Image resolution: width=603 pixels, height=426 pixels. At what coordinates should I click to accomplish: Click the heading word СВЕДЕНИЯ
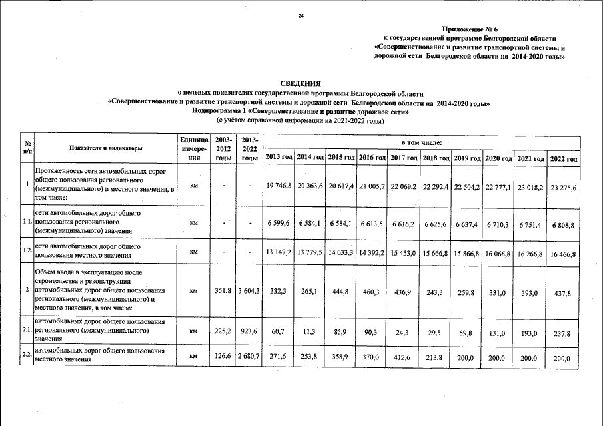tap(301, 83)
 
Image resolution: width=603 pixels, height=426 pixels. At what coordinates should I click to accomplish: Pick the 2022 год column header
tap(563, 158)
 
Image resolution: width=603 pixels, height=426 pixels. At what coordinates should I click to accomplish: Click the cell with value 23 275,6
tap(563, 188)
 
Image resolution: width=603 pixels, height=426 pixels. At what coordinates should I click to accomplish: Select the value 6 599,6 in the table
tap(279, 224)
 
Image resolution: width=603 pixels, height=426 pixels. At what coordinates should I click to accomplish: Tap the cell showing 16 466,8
tap(563, 254)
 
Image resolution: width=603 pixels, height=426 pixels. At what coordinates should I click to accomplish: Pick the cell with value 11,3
tap(310, 331)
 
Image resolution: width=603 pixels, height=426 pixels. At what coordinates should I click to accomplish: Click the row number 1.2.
tap(27, 250)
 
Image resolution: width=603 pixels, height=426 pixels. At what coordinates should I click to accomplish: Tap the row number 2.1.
tap(27, 330)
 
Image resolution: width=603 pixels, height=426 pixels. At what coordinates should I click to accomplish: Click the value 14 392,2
tap(373, 253)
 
